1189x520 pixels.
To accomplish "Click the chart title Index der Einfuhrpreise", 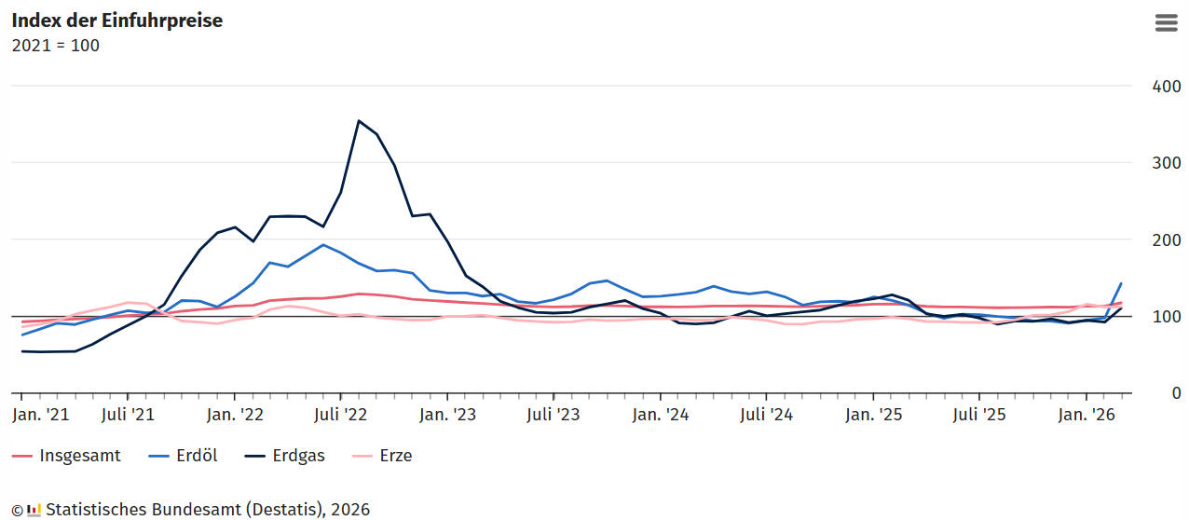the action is tap(117, 21).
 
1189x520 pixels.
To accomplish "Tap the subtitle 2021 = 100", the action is tap(56, 46).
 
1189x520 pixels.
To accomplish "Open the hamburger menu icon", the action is tap(1167, 22).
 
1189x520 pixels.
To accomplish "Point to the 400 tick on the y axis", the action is tap(1167, 87).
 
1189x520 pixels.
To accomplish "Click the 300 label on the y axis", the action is tap(1167, 163).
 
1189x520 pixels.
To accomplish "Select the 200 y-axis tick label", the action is tap(1167, 240).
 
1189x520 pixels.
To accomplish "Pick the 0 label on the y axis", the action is tap(1176, 393).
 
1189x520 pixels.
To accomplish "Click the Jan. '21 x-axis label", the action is tap(41, 415).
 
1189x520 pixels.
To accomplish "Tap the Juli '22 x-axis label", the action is tap(340, 415).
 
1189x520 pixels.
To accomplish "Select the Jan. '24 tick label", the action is tap(661, 415).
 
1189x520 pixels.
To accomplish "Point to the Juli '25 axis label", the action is tap(979, 415).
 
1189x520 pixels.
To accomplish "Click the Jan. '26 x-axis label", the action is tap(1086, 415).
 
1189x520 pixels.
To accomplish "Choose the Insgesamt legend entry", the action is tap(66, 456).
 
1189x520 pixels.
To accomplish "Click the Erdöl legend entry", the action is tap(184, 456).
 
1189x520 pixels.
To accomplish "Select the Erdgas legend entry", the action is tap(284, 456).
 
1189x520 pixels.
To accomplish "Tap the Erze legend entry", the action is tap(382, 456).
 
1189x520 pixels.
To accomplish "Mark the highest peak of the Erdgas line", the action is tap(359, 121).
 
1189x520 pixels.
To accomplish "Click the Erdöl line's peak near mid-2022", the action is tap(323, 244).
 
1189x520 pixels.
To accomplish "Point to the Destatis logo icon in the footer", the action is tap(34, 510).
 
